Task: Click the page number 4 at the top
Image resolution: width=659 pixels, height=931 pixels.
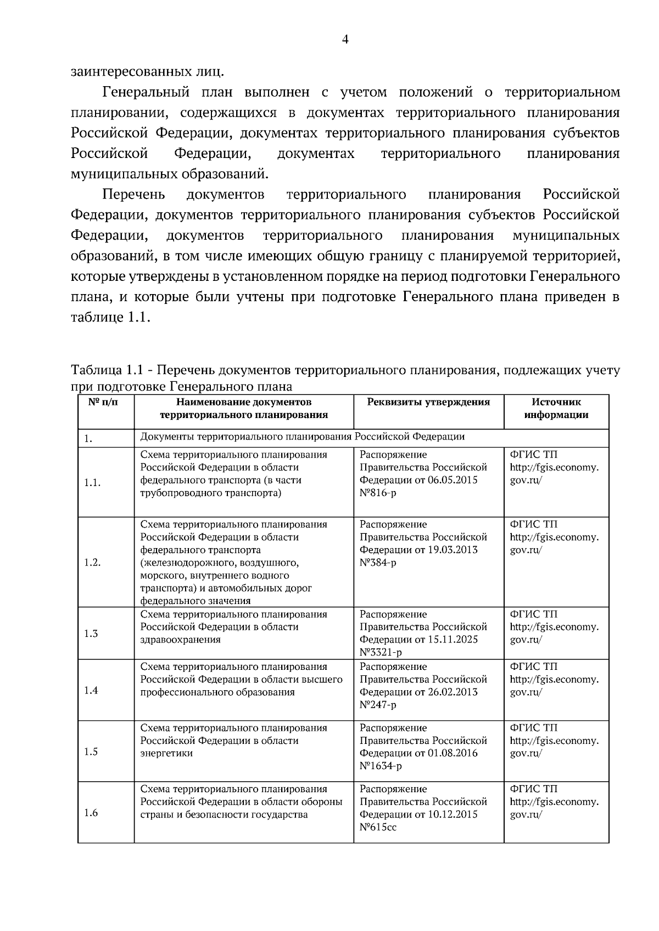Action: pyautogui.click(x=345, y=39)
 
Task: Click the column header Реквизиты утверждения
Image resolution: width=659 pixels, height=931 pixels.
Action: pyautogui.click(x=428, y=402)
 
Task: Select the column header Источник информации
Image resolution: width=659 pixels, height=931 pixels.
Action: pyautogui.click(x=556, y=409)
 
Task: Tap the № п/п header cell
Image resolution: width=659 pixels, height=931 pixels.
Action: pyautogui.click(x=103, y=402)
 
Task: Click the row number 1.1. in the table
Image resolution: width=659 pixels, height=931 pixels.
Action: pyautogui.click(x=92, y=483)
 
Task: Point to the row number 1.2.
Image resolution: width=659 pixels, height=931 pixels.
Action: pyautogui.click(x=92, y=563)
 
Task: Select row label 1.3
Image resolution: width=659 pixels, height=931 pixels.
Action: pyautogui.click(x=91, y=634)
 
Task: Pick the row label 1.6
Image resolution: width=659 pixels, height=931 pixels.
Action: pyautogui.click(x=91, y=813)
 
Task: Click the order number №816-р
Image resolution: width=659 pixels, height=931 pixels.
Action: pyautogui.click(x=378, y=493)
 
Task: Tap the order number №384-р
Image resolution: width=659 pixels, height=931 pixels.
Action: pyautogui.click(x=378, y=563)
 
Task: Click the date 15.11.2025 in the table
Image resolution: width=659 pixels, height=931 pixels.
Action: pyautogui.click(x=454, y=640)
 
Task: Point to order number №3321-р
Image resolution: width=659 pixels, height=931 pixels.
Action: pyautogui.click(x=381, y=653)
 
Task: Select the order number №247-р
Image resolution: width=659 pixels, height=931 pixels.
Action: pyautogui.click(x=378, y=705)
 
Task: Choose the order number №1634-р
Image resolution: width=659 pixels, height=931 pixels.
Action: pyautogui.click(x=381, y=766)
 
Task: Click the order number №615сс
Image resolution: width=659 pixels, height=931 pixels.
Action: pyautogui.click(x=378, y=827)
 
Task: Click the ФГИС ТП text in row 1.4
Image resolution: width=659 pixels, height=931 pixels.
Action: pyautogui.click(x=533, y=667)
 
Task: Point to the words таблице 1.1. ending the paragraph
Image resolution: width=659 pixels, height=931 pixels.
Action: pyautogui.click(x=110, y=318)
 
